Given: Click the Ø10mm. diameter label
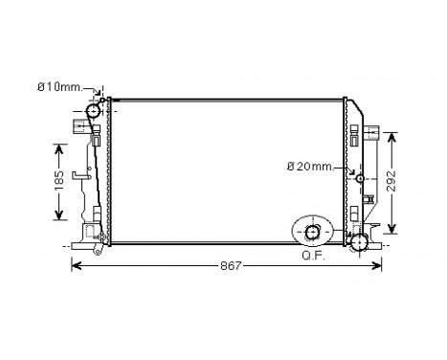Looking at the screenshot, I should [56, 88].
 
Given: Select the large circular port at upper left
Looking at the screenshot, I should [94, 112].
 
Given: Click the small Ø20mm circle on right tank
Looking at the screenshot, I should [360, 178].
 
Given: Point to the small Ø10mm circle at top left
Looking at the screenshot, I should [101, 99].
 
